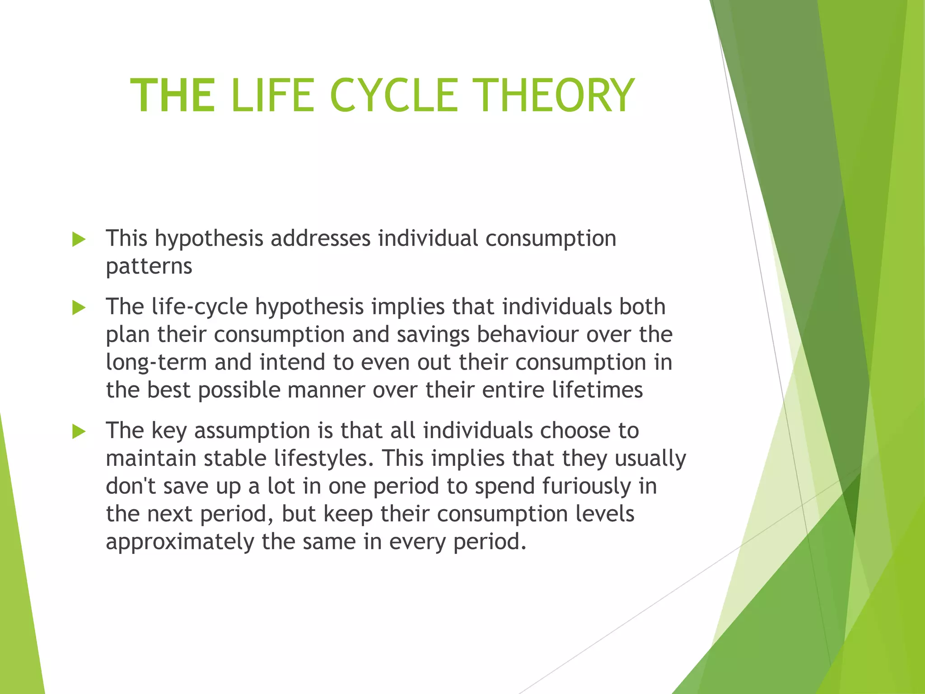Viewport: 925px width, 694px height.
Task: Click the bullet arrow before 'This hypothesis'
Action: coord(79,239)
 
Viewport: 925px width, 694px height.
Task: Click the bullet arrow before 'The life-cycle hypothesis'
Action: coord(79,308)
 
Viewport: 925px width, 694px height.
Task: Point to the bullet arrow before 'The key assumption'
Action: coord(79,432)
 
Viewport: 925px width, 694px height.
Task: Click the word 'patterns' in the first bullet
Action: coord(149,267)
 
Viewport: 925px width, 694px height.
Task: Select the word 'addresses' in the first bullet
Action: coord(320,238)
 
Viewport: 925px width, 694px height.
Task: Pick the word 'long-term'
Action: coord(156,363)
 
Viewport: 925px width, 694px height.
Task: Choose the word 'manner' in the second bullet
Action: coord(326,390)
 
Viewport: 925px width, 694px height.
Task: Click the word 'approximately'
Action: coord(179,542)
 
